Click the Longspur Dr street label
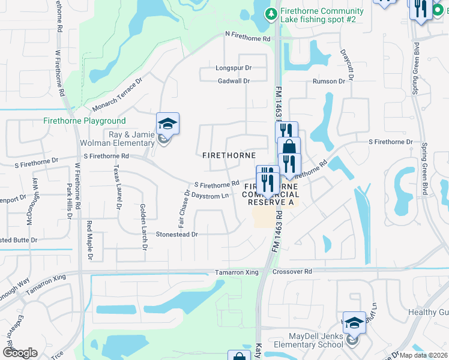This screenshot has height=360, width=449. point(232,68)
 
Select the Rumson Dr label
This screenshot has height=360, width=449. point(329,81)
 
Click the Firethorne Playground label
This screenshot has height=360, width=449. point(85,121)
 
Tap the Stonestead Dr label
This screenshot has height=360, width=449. point(177,235)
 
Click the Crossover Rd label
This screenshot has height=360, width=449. point(292,272)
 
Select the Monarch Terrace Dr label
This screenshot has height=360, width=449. point(118,95)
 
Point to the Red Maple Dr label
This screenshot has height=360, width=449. point(91,241)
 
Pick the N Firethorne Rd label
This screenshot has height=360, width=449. point(247,38)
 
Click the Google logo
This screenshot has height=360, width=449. point(20,353)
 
